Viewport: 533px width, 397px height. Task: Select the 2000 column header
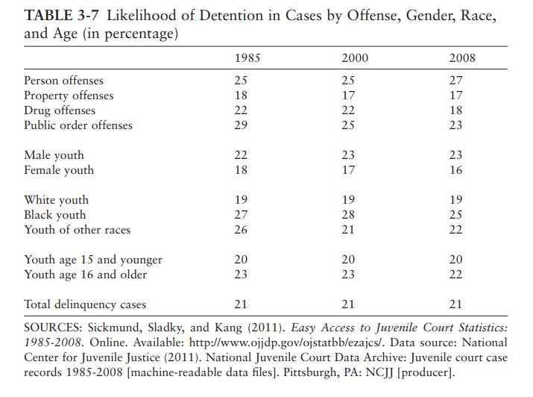coord(354,57)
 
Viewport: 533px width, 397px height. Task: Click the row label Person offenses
coord(63,81)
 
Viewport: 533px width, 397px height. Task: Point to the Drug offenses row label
coord(60,110)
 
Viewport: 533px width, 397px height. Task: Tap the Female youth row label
coord(59,170)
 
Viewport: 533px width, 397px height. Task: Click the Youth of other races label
coord(77,230)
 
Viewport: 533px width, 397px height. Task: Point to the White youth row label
coord(56,200)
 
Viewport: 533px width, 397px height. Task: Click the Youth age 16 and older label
coord(85,275)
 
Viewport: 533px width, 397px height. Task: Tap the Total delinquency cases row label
coord(85,304)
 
